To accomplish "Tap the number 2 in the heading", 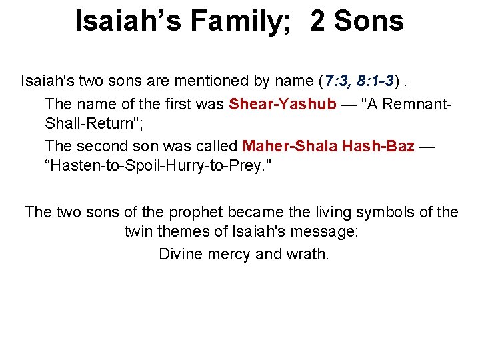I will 318,21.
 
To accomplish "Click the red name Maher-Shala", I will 289,146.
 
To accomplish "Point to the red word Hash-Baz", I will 379,146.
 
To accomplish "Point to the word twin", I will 139,233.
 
